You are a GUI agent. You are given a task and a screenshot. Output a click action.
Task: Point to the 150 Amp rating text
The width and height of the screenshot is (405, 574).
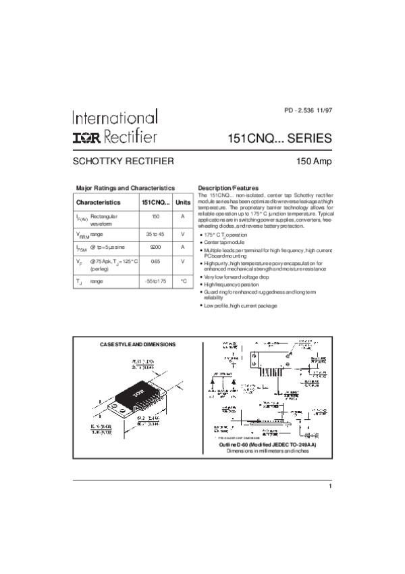pos(313,162)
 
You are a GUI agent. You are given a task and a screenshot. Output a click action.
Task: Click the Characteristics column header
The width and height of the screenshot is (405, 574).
pos(99,202)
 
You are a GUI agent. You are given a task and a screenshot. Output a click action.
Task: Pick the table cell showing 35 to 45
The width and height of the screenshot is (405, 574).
pos(155,233)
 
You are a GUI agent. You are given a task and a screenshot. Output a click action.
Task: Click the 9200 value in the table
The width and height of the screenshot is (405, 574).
pos(155,247)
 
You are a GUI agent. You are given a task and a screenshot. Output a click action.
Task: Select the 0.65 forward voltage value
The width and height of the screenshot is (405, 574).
pos(155,261)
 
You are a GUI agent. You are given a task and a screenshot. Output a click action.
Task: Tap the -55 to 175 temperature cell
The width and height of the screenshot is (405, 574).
pos(155,280)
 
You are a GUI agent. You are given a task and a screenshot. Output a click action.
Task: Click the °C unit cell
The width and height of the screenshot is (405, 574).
pos(183,280)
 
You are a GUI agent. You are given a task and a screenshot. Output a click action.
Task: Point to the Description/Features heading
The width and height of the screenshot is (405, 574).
pos(228,187)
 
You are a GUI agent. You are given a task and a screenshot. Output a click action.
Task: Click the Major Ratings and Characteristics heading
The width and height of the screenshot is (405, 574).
pos(126,187)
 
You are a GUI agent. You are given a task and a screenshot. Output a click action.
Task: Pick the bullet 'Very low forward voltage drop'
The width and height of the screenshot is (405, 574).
pos(237,277)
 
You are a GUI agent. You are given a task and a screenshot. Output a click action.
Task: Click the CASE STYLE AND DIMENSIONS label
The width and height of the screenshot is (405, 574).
pos(138,345)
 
